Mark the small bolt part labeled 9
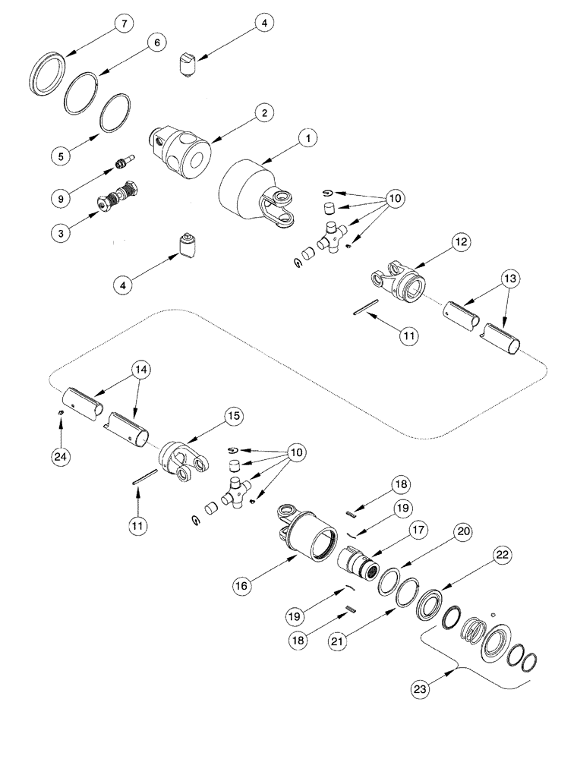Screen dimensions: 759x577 [123, 162]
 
